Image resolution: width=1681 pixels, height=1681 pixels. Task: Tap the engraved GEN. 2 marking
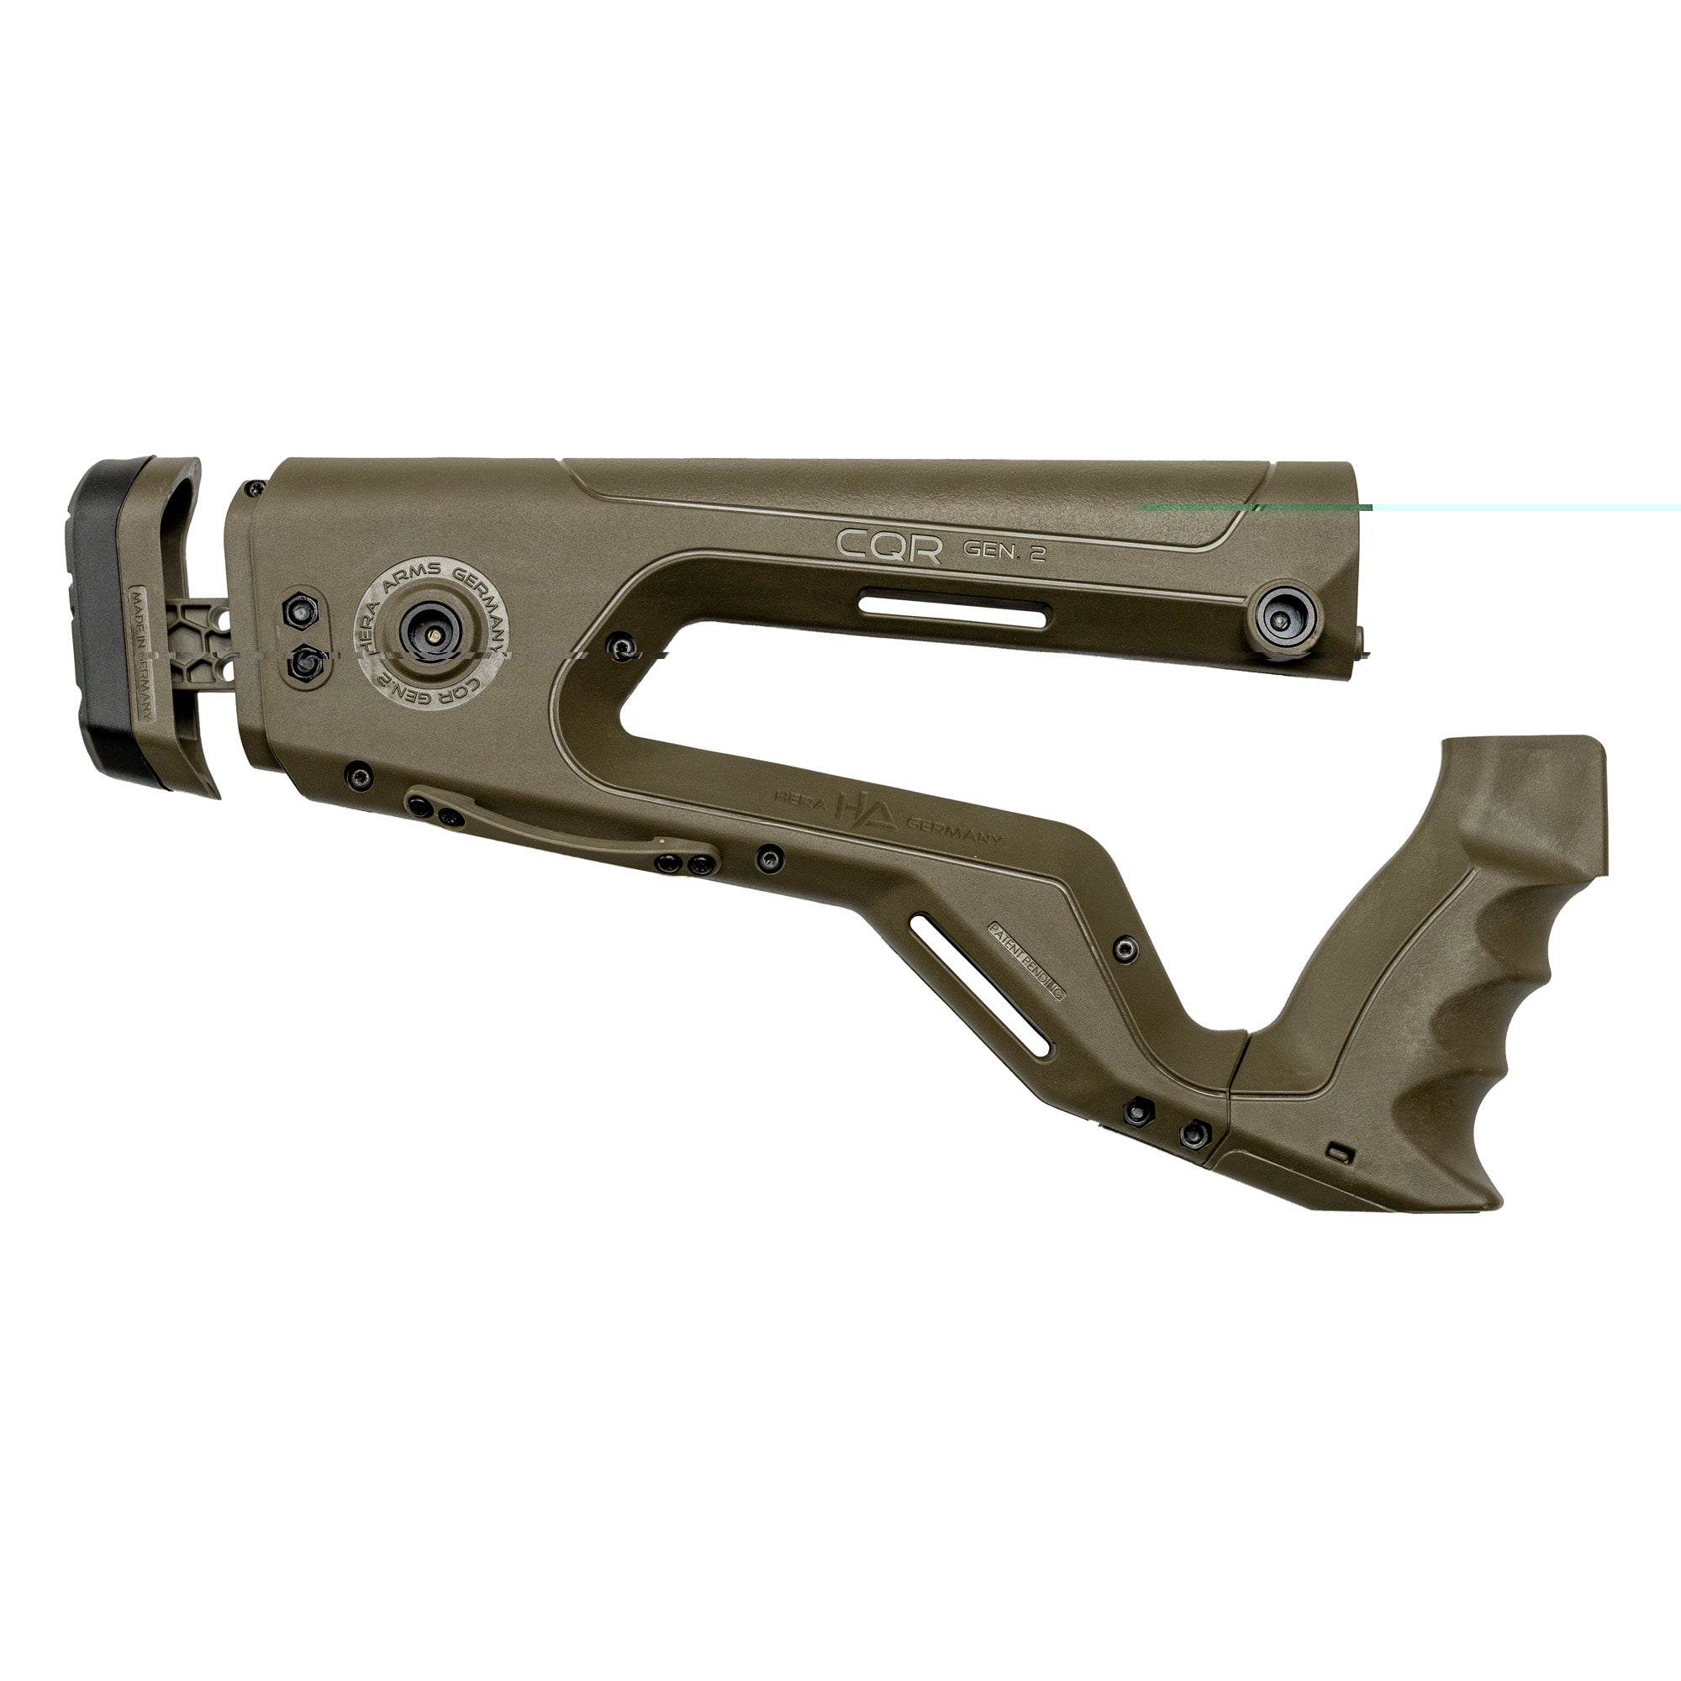tap(1004, 551)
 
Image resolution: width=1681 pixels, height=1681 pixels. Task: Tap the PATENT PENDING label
tap(1027, 960)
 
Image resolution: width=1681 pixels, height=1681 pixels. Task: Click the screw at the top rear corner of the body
tap(256, 487)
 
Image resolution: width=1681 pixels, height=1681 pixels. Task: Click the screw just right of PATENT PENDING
tap(1125, 948)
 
